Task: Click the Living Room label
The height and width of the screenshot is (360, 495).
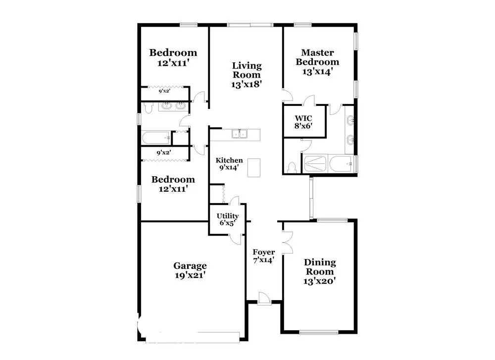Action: click(x=247, y=70)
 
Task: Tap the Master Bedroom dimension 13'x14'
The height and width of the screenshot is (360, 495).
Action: click(x=317, y=72)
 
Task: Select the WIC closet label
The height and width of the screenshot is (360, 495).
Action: click(x=303, y=118)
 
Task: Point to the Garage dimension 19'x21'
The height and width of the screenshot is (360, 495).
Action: click(x=190, y=275)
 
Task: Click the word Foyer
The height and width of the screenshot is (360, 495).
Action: click(x=264, y=252)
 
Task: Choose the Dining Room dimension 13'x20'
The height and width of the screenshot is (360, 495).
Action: click(x=319, y=281)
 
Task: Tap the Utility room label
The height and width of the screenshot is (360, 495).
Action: click(x=227, y=216)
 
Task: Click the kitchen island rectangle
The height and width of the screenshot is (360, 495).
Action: click(x=254, y=168)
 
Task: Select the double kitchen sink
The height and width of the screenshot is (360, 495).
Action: click(x=240, y=134)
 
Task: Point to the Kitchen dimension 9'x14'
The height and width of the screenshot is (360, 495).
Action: click(x=229, y=167)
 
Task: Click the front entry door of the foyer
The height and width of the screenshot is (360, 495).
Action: click(x=264, y=299)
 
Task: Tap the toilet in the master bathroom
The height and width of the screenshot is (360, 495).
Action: click(x=293, y=167)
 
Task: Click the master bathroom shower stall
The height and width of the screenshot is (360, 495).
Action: click(x=315, y=163)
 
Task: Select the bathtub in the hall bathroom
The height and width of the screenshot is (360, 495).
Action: click(x=156, y=138)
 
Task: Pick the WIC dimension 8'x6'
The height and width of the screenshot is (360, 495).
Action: click(x=303, y=126)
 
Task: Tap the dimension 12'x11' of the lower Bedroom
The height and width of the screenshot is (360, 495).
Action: click(x=173, y=189)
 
